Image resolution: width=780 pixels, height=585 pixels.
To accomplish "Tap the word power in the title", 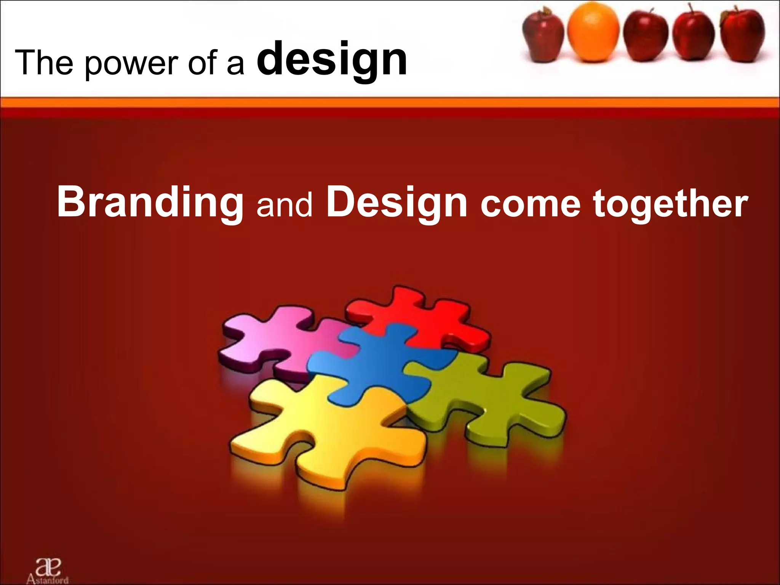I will (131, 64).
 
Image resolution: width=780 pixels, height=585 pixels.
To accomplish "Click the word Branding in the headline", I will (150, 203).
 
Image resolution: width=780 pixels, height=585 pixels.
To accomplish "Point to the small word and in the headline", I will (284, 206).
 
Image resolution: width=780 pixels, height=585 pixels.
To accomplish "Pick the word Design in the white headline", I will (396, 203).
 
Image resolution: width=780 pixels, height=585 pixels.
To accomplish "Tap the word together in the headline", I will (670, 205).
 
